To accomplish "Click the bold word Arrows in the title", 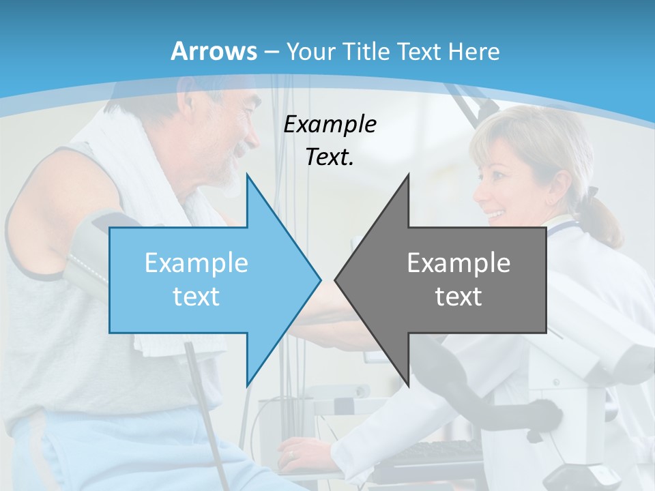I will coord(214,51).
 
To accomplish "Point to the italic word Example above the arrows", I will coord(330,125).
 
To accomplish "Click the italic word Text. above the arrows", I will coord(330,158).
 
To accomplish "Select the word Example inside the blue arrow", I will coord(196,263).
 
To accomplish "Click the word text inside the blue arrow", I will coord(196,297).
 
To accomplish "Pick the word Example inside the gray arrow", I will coord(458,263).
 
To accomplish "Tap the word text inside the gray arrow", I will coord(458,297).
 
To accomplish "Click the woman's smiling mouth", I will coord(495,214).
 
